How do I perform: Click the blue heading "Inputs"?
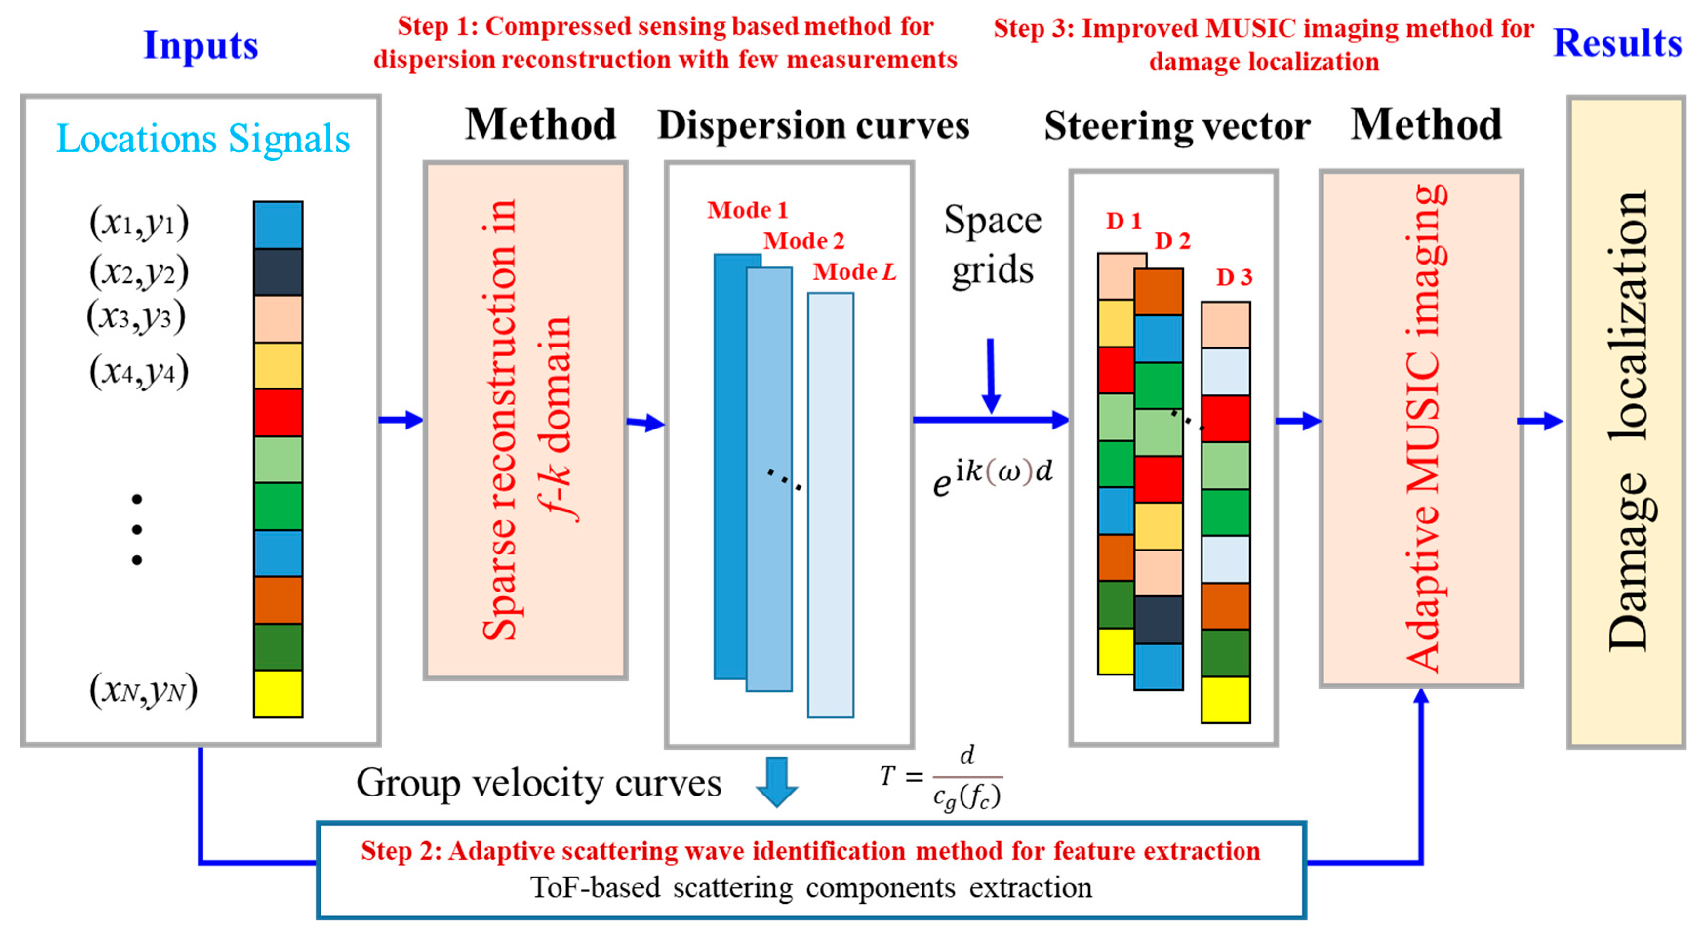(x=200, y=45)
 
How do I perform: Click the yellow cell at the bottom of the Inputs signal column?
(x=278, y=694)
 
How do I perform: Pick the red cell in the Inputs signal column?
(x=278, y=412)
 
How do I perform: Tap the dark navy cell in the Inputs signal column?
(x=278, y=272)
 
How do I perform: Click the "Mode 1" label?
(x=747, y=210)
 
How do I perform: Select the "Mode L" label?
(x=854, y=272)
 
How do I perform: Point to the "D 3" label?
(x=1234, y=278)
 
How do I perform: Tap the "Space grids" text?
(x=992, y=245)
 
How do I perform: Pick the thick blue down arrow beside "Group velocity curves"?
(x=776, y=782)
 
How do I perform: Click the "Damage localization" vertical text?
(x=1626, y=421)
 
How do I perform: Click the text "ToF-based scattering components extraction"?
(x=811, y=887)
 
